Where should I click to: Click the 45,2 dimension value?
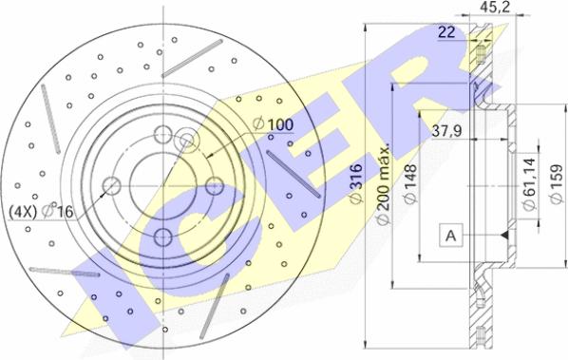495,8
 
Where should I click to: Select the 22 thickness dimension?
446,32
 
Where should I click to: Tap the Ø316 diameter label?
356,183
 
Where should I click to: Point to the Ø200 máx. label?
383,184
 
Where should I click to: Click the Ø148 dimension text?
409,184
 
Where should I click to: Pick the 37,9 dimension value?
446,131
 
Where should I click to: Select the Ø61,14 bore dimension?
529,184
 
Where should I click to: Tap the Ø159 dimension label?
556,184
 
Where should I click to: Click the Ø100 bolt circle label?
274,124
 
